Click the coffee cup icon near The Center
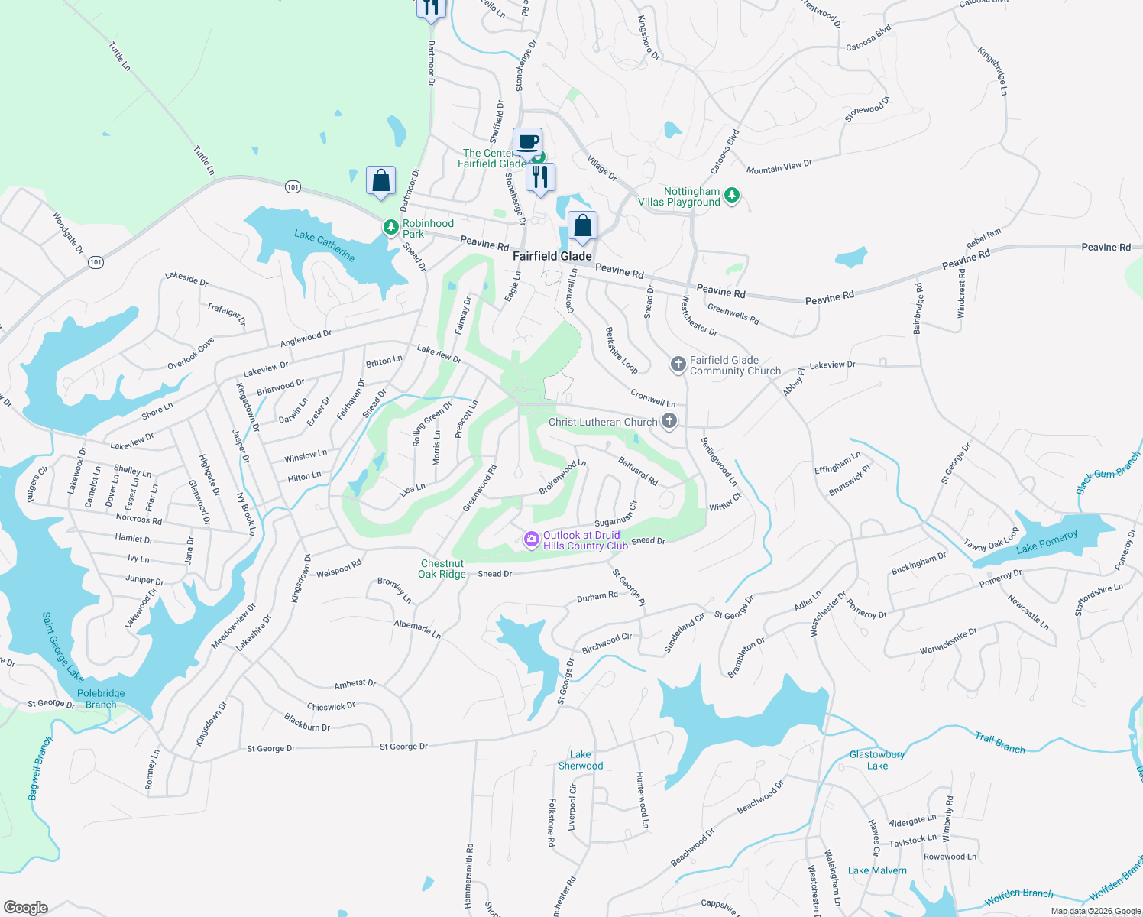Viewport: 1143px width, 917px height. click(x=527, y=142)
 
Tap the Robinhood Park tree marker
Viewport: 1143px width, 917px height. click(x=391, y=228)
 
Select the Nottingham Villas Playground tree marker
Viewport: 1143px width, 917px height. click(x=732, y=196)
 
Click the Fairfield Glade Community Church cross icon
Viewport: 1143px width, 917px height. click(x=678, y=365)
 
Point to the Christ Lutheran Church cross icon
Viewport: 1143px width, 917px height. click(x=669, y=421)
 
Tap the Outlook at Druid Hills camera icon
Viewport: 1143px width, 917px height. click(x=531, y=540)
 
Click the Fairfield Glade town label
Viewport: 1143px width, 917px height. click(x=552, y=256)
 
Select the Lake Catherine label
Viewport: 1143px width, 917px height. click(x=325, y=245)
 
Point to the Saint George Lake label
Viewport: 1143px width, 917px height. click(x=62, y=646)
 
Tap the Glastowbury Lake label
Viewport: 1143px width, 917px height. click(x=877, y=760)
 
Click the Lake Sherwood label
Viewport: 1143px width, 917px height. click(x=581, y=760)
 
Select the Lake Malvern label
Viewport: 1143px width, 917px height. click(x=877, y=870)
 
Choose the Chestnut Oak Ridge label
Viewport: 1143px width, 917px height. click(x=442, y=569)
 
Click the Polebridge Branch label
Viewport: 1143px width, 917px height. click(x=101, y=698)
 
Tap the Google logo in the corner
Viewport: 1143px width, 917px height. click(x=26, y=907)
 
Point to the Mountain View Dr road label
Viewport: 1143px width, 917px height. click(x=779, y=167)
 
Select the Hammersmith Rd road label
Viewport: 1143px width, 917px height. click(x=469, y=875)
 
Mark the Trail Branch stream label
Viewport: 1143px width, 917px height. click(x=1000, y=743)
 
